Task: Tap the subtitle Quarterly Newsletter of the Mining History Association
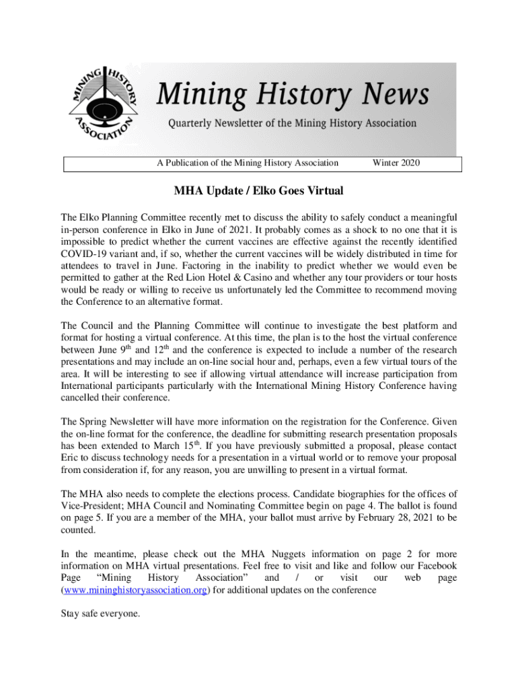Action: tap(292, 124)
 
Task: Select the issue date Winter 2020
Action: tap(396, 163)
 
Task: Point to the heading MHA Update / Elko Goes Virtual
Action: tap(258, 191)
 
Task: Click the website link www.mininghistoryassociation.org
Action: tap(135, 590)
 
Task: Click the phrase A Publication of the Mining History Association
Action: tap(248, 163)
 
